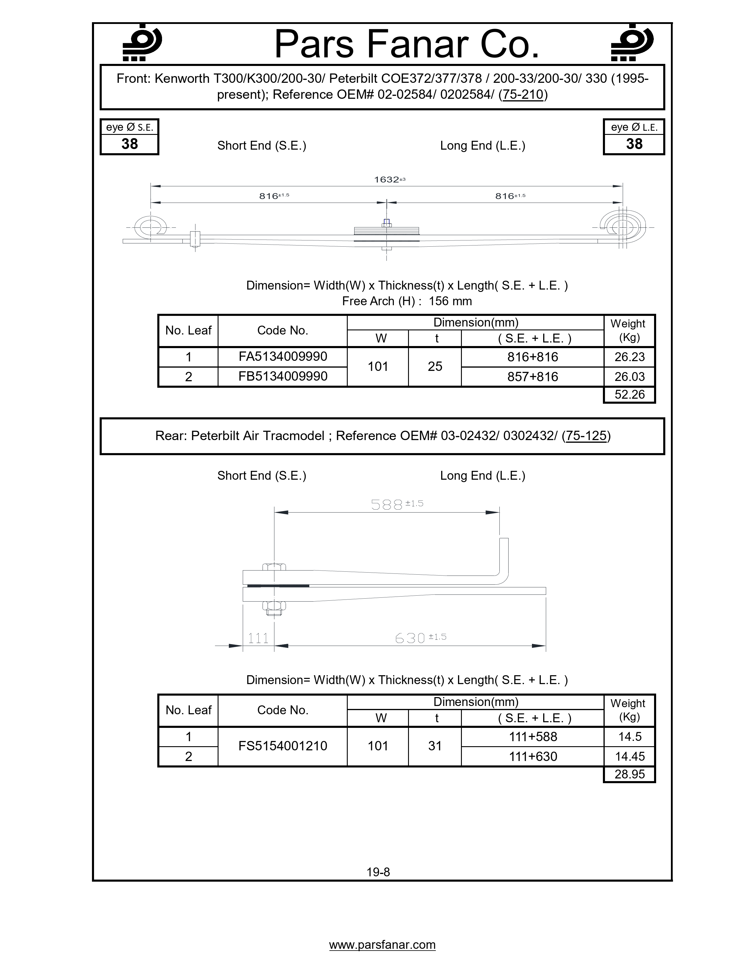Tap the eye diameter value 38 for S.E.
(x=130, y=144)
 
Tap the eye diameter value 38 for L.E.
(x=634, y=144)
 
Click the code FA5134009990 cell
(x=283, y=357)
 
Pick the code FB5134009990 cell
(x=283, y=376)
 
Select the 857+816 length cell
(x=533, y=377)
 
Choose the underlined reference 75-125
(x=586, y=436)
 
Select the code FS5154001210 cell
(x=283, y=746)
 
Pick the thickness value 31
(x=435, y=746)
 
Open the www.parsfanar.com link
(x=382, y=945)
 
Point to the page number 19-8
(x=378, y=872)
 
